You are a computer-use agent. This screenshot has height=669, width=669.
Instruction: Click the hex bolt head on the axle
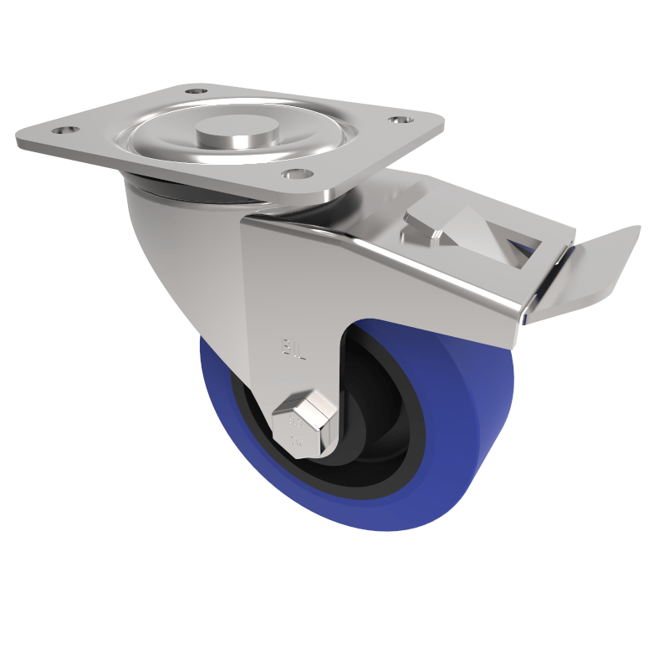click(x=304, y=423)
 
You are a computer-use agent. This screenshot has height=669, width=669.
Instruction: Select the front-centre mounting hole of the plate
click(x=293, y=173)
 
